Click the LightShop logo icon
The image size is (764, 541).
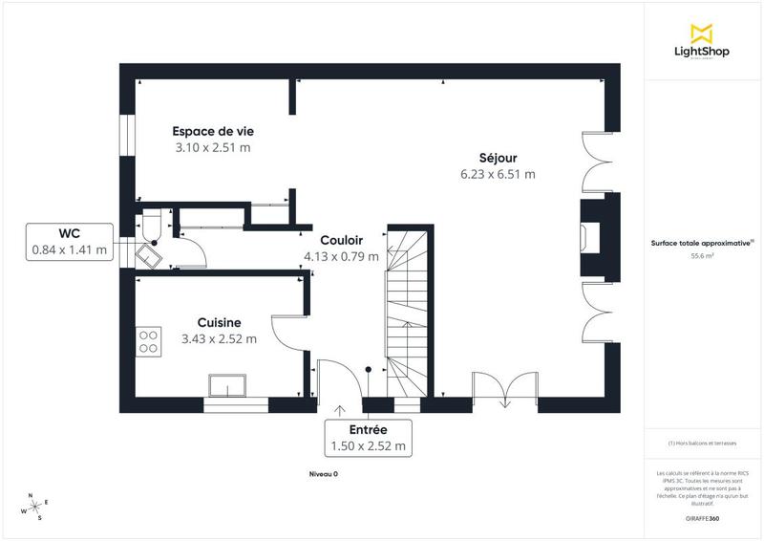coord(702,32)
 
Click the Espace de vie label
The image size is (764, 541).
coord(212,131)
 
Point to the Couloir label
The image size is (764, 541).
coord(340,240)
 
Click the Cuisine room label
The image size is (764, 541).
coord(219,322)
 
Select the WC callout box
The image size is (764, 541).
coord(69,242)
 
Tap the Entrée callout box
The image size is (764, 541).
coord(368,438)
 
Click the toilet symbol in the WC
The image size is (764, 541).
coord(151,227)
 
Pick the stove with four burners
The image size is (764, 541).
coord(149,340)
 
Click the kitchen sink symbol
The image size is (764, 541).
coord(227,385)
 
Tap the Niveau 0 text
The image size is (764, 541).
coord(323,474)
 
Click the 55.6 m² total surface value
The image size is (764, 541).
coord(702,256)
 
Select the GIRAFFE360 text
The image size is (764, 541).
coord(702,516)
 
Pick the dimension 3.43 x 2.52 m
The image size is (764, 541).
coord(219,338)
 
